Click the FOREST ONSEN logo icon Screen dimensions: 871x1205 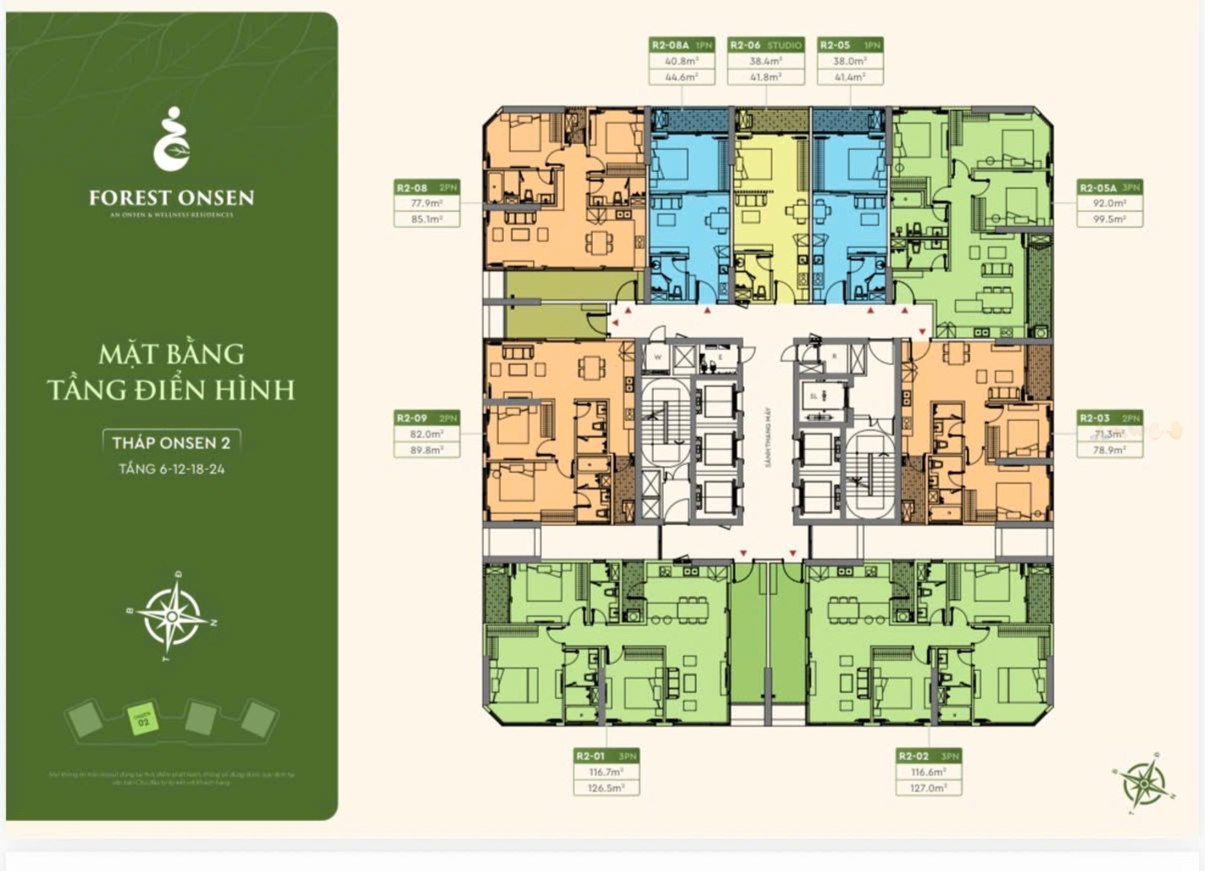tap(172, 139)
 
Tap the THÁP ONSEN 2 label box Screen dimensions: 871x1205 tap(172, 441)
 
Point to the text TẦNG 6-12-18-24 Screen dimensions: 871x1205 tap(172, 469)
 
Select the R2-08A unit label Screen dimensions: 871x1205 tap(681, 45)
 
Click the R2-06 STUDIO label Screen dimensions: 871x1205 tap(766, 45)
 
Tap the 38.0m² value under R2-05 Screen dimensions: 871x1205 tap(849, 61)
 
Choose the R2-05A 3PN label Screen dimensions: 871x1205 tap(1109, 187)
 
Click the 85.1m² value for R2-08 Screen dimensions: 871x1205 tap(426, 219)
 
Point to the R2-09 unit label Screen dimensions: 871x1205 tap(426, 418)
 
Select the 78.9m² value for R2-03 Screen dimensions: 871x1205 tap(1109, 450)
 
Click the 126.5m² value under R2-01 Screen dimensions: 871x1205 tap(605, 788)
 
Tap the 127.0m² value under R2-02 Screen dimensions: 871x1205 tap(928, 788)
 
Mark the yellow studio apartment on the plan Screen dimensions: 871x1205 tap(770, 208)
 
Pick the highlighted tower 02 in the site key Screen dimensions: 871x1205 tap(142, 720)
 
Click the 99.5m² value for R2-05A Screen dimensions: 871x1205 tap(1109, 219)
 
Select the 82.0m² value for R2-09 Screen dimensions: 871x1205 tap(426, 434)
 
